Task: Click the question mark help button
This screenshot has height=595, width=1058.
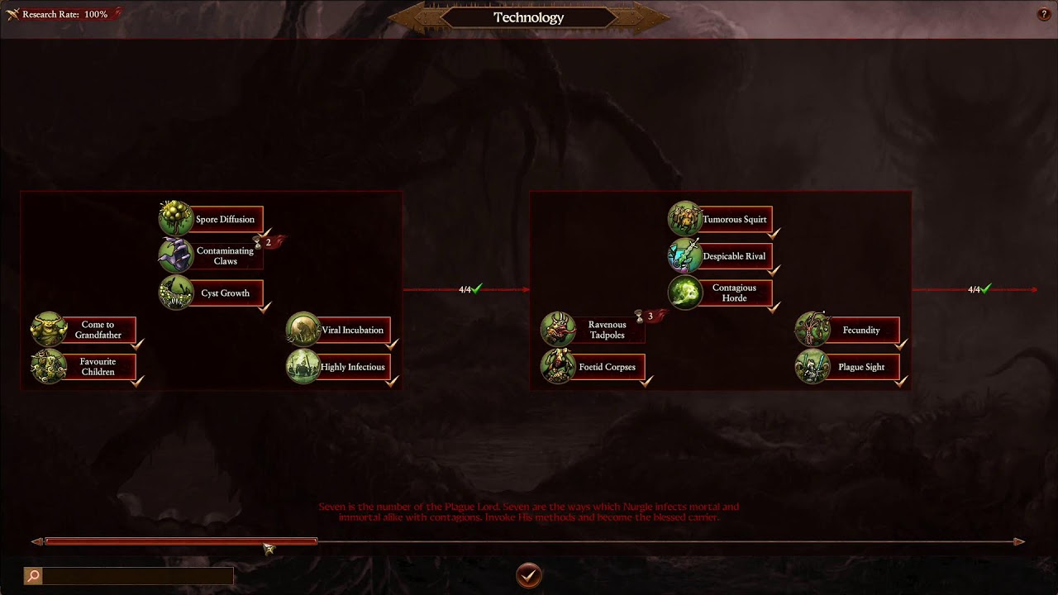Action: (x=1043, y=14)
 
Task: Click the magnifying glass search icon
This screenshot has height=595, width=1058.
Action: (x=33, y=576)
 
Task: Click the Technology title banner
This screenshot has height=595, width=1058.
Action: (x=528, y=17)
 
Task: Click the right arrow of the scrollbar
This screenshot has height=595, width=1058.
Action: (x=1019, y=542)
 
